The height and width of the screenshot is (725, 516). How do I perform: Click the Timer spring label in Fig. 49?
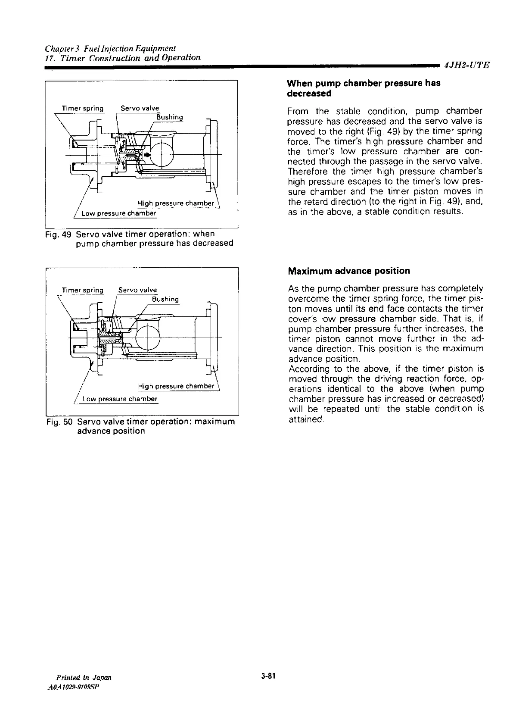(83, 108)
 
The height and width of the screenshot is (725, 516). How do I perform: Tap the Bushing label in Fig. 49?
(169, 117)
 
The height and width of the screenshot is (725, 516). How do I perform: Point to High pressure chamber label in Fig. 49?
(176, 203)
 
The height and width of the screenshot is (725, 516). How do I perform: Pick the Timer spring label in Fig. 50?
(83, 290)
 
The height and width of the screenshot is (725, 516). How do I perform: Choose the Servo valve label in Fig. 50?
(138, 290)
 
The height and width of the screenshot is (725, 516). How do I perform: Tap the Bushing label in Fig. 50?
(165, 299)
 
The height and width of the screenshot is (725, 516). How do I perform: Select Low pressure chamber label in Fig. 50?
(120, 399)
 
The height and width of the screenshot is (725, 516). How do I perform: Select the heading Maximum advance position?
(349, 271)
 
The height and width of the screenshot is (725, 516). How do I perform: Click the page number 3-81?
(267, 676)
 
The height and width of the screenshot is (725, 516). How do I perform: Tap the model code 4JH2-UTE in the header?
(467, 66)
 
